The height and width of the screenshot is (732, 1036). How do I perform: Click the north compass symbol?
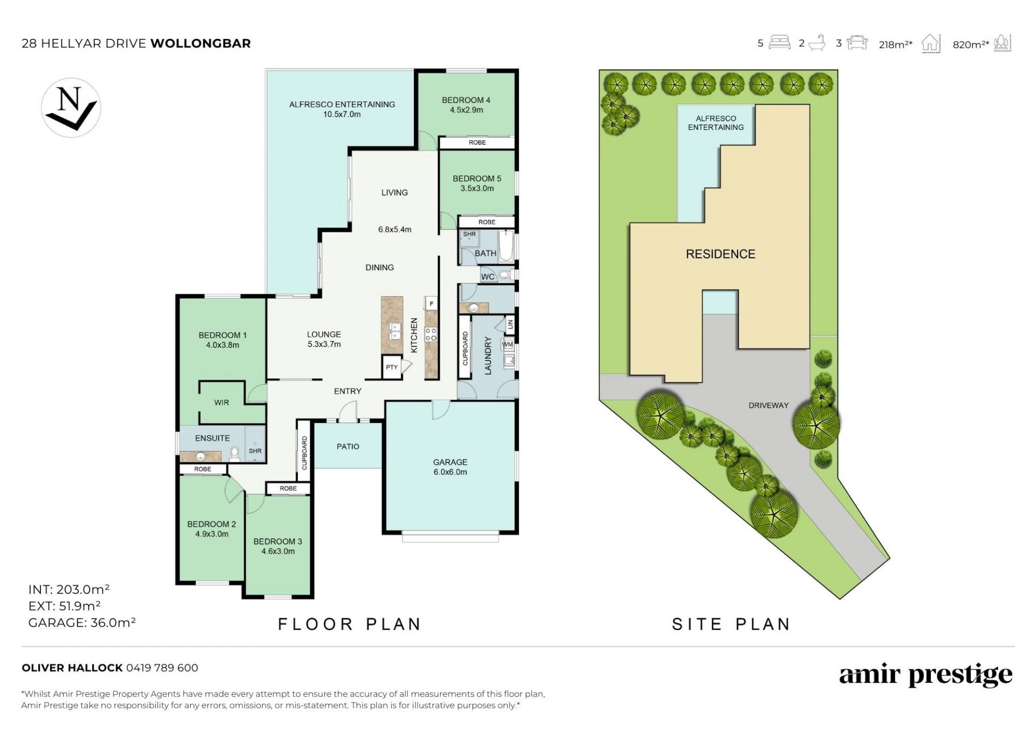[71, 107]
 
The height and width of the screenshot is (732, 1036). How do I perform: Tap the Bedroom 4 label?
[466, 100]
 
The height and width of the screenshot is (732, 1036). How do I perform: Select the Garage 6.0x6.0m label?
[450, 467]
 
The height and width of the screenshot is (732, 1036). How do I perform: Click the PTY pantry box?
[392, 367]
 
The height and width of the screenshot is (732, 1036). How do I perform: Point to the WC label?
[488, 277]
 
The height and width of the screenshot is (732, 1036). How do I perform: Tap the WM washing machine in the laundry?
[507, 344]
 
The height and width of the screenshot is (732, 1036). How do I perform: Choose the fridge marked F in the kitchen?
[431, 304]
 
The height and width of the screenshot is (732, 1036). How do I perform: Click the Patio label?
[348, 447]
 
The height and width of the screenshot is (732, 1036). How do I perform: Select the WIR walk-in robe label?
[222, 402]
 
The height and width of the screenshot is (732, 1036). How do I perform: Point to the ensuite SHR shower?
[255, 444]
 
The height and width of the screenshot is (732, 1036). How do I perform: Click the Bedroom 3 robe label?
[288, 489]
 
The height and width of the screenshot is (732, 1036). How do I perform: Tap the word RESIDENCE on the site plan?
[720, 254]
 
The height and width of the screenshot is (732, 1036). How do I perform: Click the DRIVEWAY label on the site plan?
[768, 405]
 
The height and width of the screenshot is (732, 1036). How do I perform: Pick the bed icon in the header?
[780, 42]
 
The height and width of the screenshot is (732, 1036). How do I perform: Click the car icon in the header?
[857, 42]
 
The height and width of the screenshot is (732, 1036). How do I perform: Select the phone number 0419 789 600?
[162, 668]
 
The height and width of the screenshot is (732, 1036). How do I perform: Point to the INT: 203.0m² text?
[69, 589]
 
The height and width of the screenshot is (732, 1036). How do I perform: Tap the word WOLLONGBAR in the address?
[201, 43]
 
